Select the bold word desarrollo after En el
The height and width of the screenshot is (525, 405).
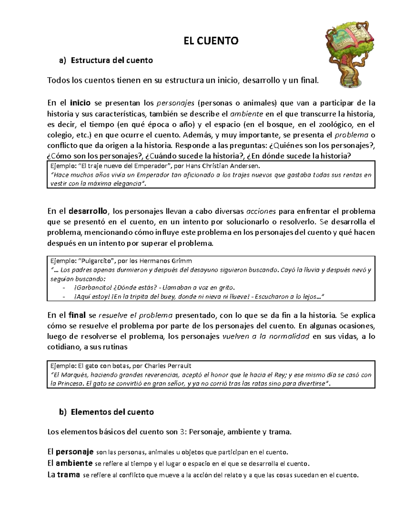(x=88, y=211)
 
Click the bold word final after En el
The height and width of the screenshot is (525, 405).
(x=77, y=315)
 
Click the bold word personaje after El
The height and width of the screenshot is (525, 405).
(x=74, y=452)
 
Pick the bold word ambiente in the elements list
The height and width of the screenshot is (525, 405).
(x=74, y=463)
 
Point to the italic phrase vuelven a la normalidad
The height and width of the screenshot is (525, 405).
(x=266, y=337)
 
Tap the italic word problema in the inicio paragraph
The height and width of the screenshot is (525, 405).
(x=351, y=135)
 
